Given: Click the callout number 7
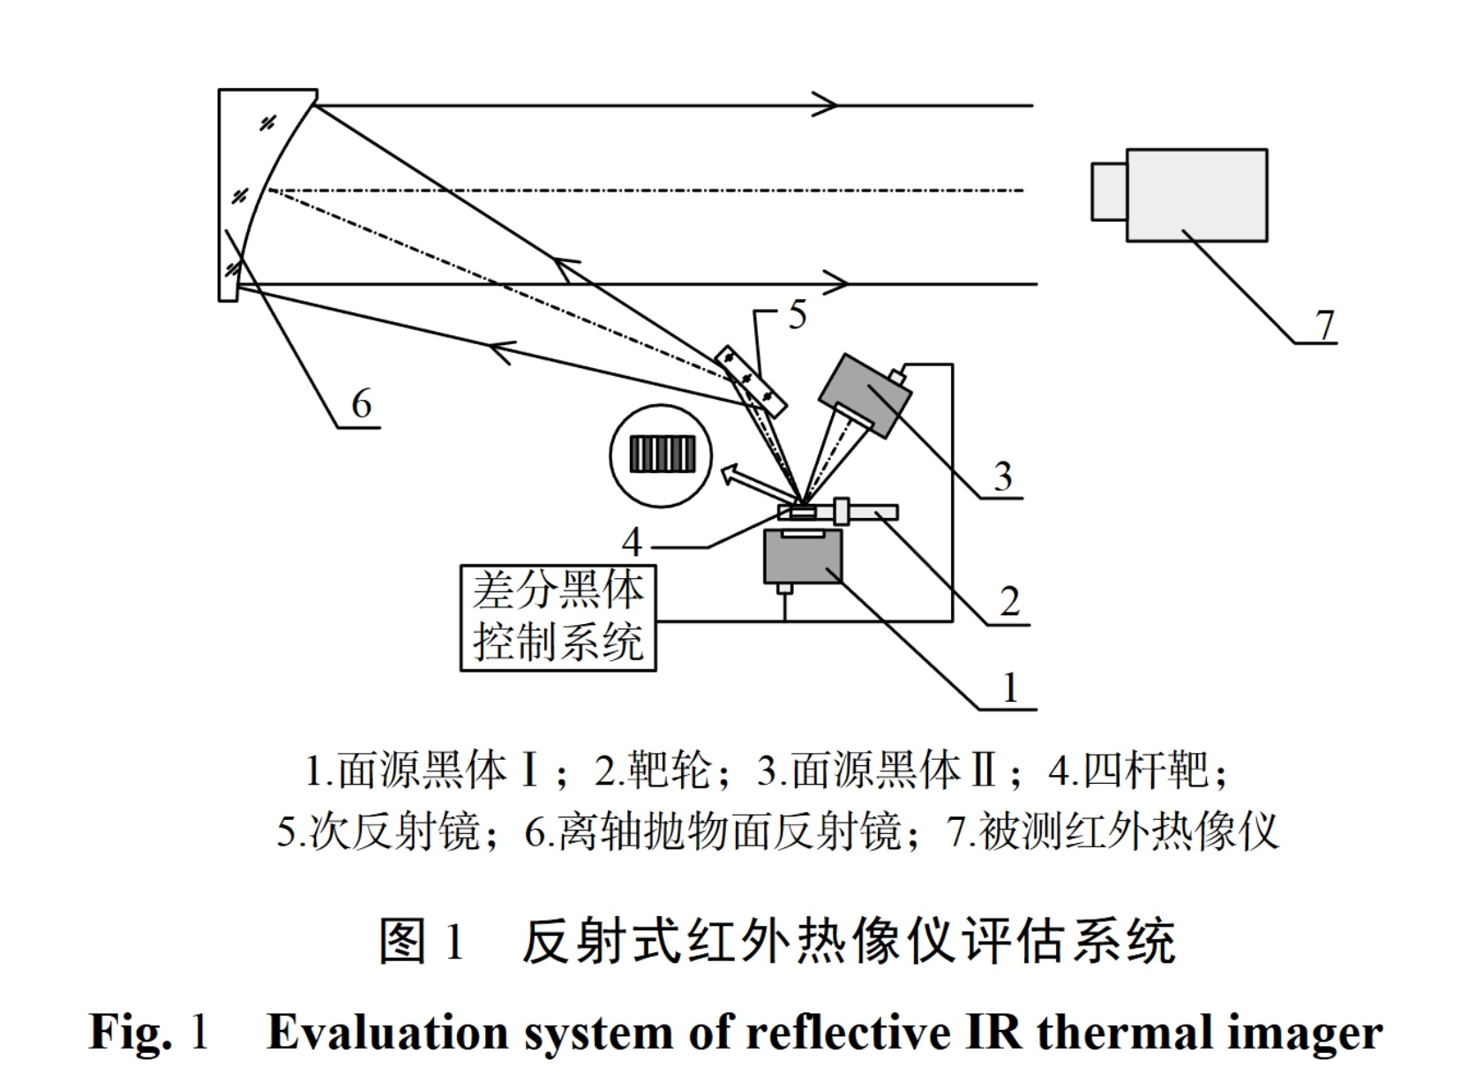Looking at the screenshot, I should tap(1325, 326).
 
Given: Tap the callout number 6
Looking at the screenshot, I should tap(362, 404).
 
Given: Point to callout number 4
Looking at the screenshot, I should tap(632, 540).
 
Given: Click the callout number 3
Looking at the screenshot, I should tap(1002, 478).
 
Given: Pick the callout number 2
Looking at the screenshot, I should tap(1009, 602).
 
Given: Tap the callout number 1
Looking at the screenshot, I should tap(1011, 687).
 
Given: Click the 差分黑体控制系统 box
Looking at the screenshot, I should tap(558, 618).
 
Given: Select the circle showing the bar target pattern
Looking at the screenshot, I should tap(662, 455).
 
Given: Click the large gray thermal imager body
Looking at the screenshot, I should tap(1196, 194).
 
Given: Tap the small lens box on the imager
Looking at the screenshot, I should tap(1108, 191).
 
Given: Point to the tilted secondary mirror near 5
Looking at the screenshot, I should tap(751, 380).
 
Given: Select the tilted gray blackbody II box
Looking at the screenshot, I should tap(865, 395).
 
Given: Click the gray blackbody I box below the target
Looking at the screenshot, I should tap(803, 558).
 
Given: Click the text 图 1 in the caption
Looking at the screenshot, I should tap(422, 942).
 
